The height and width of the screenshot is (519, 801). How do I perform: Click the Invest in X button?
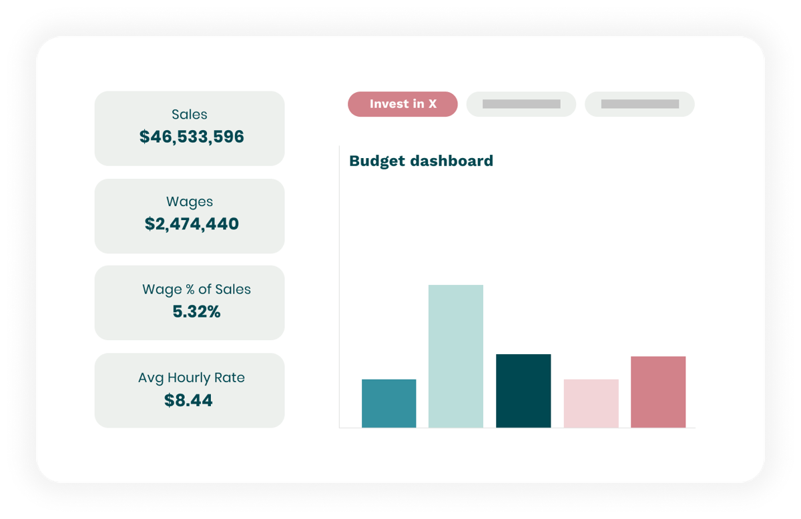(x=403, y=104)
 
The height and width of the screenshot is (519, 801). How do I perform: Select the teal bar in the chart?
(x=388, y=403)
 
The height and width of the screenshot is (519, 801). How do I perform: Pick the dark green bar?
(x=523, y=390)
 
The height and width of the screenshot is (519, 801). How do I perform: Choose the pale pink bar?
(x=591, y=403)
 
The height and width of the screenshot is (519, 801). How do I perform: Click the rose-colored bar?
(x=658, y=392)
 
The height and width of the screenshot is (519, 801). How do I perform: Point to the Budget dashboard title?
(x=421, y=161)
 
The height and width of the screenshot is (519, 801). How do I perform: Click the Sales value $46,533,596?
(x=192, y=137)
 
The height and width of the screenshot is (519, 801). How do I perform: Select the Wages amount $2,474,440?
(x=192, y=224)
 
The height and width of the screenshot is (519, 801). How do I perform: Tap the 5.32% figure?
(x=196, y=312)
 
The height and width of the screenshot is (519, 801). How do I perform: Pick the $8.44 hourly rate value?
(x=188, y=400)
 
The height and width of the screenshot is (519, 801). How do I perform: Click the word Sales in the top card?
(x=190, y=115)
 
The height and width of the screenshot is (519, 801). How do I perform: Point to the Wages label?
(x=190, y=201)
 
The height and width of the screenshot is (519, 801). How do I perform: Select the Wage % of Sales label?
(x=196, y=290)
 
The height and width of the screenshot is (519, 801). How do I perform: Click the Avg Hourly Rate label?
(x=192, y=378)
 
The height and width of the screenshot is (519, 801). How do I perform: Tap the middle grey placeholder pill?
(x=521, y=104)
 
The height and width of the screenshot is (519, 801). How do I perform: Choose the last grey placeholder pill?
(x=639, y=104)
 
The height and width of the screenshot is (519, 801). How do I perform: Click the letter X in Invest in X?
(x=432, y=104)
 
